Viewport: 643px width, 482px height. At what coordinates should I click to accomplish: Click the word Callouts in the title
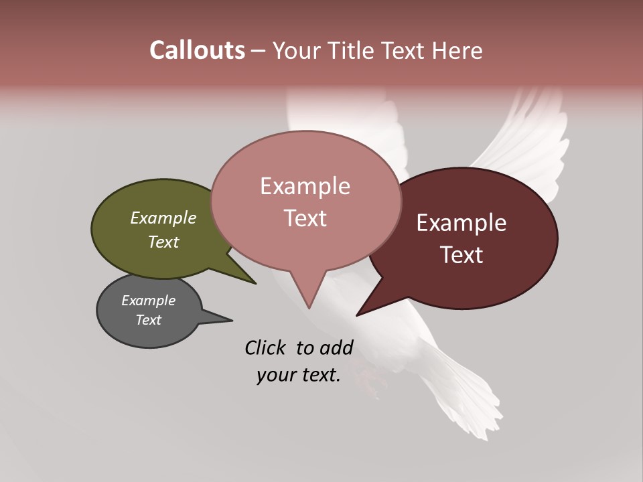[197, 50]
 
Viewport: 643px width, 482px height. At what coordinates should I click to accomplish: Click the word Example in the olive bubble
[163, 218]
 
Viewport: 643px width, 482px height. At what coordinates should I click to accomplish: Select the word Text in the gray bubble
[149, 320]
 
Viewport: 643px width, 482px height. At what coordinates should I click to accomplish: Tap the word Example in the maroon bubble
[461, 223]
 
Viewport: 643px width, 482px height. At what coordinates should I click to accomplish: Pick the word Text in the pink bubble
[305, 218]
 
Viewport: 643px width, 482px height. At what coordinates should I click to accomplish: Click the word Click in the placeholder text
[267, 347]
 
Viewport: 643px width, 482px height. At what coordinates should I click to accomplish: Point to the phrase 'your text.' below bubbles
[299, 375]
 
